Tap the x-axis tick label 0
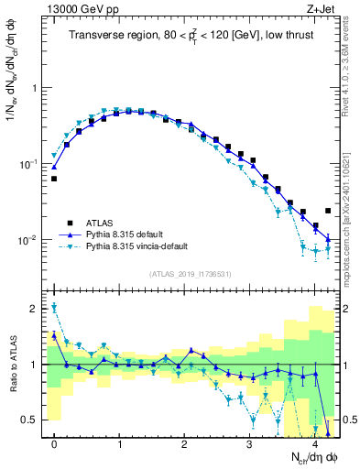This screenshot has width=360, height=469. pyautogui.click(x=54, y=444)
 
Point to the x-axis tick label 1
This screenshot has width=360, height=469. pyautogui.click(x=119, y=444)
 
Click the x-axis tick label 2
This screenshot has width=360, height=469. pyautogui.click(x=184, y=444)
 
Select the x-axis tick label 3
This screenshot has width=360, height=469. pyautogui.click(x=249, y=444)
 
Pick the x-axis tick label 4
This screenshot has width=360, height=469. pyautogui.click(x=314, y=444)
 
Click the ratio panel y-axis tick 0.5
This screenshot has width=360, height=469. pyautogui.click(x=34, y=420)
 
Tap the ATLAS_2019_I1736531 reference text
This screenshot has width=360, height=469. pyautogui.click(x=191, y=274)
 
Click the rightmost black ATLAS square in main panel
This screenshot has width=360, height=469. pyautogui.click(x=328, y=211)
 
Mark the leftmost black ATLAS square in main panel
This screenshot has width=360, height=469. pyautogui.click(x=54, y=179)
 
